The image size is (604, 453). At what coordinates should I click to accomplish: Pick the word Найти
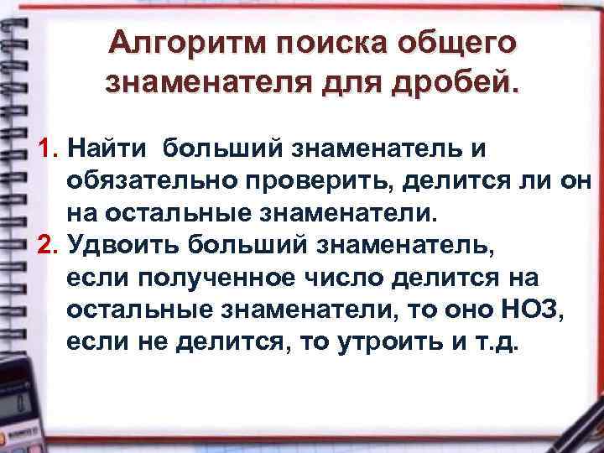107,149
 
